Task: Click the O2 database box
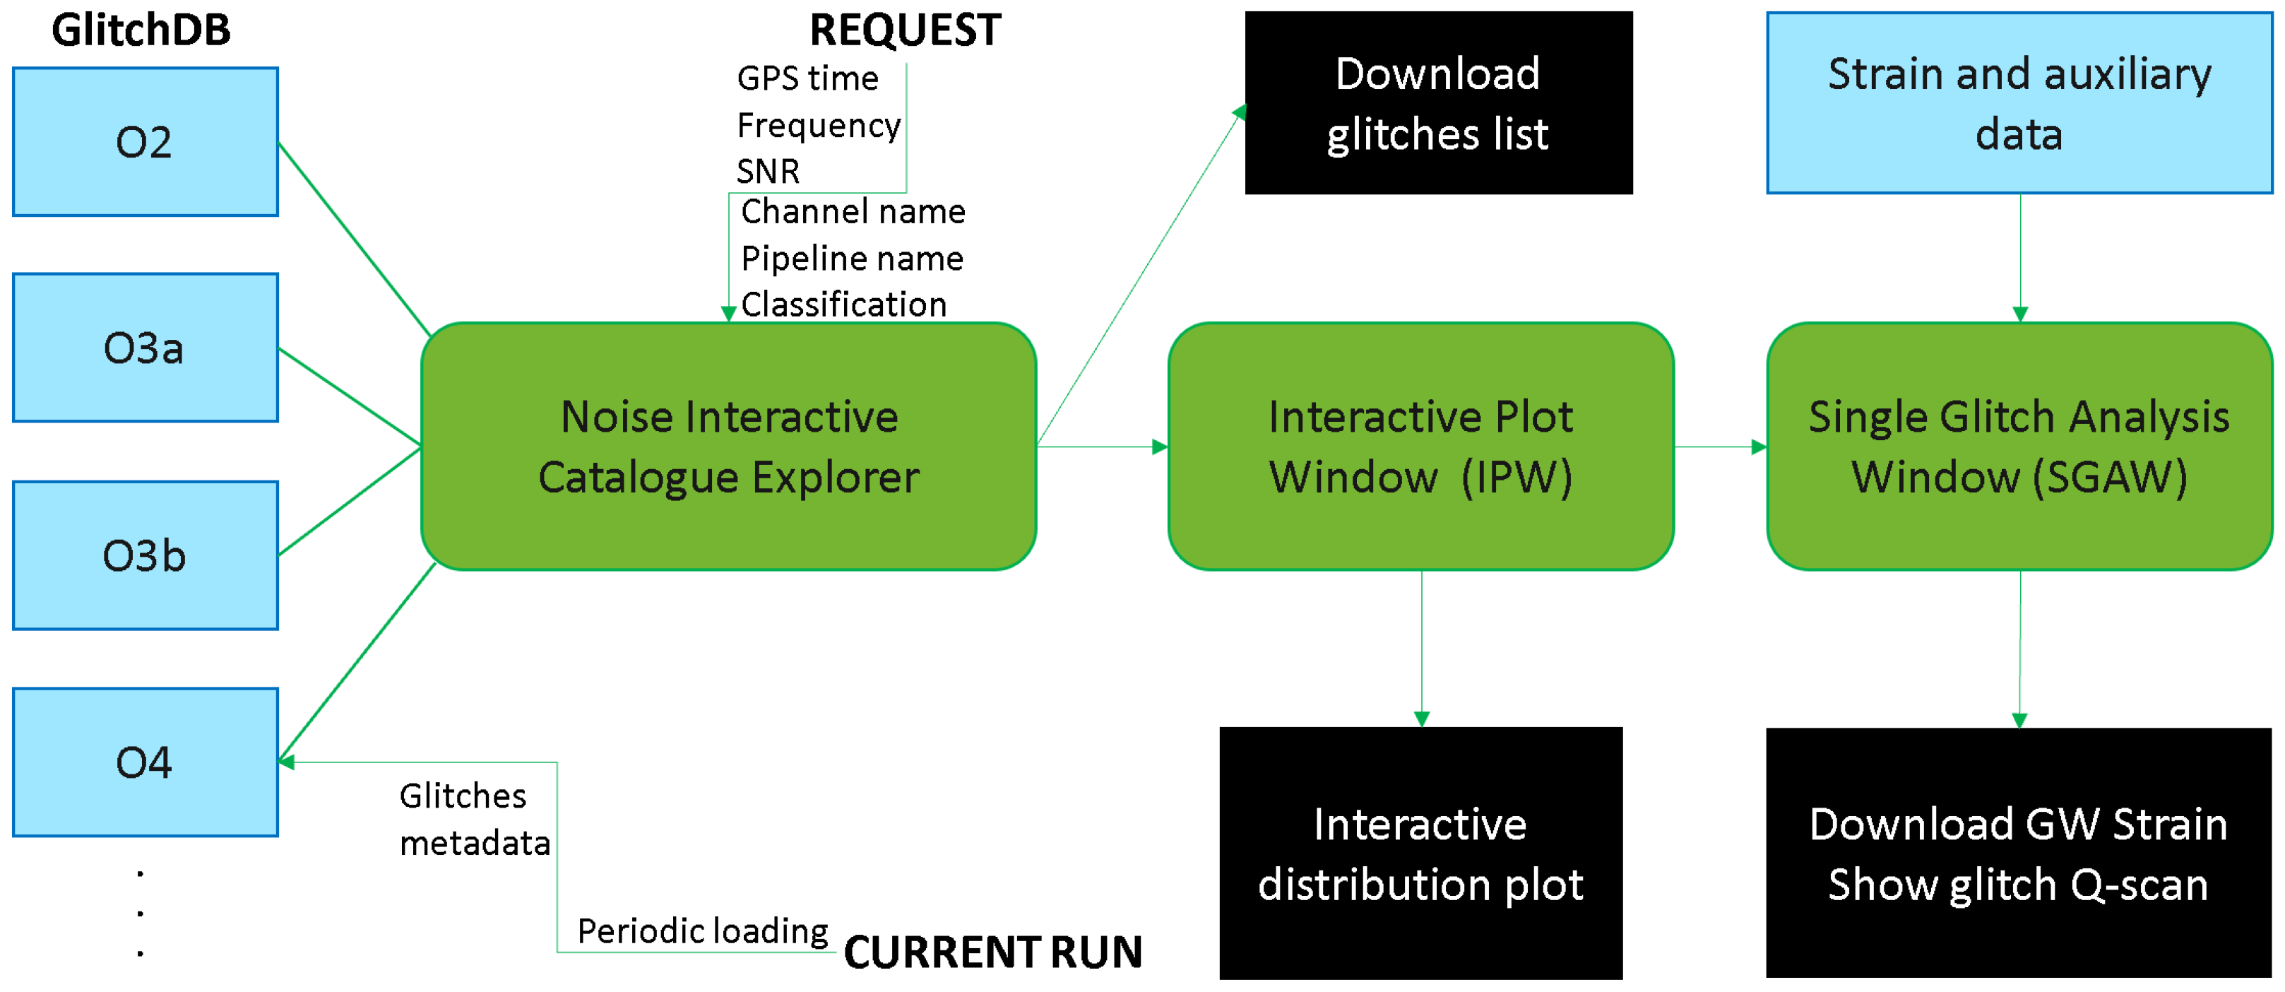coord(145,142)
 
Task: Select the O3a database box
coord(145,347)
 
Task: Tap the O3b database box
coord(145,555)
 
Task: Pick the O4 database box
coord(145,762)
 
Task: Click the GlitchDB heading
coord(141,30)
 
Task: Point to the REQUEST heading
coord(905,30)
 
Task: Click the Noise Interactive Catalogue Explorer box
coord(728,447)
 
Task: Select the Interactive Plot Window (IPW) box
coord(1420,447)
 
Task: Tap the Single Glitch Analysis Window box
coord(2019,447)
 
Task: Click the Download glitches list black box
coord(1438,103)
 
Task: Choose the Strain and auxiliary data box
coord(2019,103)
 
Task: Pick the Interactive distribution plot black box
coord(1420,854)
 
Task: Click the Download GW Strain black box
coord(2019,854)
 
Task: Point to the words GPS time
coord(807,78)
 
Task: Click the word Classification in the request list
coord(843,305)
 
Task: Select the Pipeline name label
coord(852,258)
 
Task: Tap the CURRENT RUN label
coord(992,952)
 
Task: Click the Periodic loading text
coord(703,931)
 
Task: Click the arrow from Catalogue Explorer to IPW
coord(1102,447)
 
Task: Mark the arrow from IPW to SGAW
coord(1719,447)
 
